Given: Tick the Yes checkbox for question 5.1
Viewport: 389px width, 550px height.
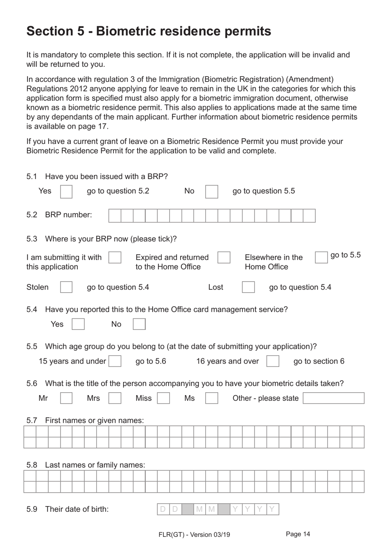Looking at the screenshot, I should tap(66, 191).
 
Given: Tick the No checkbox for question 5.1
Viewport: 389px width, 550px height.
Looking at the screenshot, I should tap(211, 191).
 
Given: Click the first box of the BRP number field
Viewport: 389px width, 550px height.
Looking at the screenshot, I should tap(115, 216).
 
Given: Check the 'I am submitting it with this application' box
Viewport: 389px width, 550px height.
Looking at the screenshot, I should tap(115, 257).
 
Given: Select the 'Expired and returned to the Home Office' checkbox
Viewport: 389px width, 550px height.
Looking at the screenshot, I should tap(224, 257).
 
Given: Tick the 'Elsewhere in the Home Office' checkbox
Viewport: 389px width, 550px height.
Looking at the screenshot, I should tap(321, 257).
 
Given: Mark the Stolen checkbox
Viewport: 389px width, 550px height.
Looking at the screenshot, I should tap(66, 287).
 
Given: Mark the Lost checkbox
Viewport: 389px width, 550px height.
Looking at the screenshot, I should tap(248, 287).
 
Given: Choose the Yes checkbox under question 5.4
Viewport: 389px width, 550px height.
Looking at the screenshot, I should tap(78, 324).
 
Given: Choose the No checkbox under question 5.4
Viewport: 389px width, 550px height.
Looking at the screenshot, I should tap(139, 324).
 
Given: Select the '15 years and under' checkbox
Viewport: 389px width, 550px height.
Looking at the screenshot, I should tap(115, 361).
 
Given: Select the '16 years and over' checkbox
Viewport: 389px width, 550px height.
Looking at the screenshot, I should tap(272, 361).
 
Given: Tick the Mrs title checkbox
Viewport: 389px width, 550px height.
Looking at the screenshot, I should tap(115, 398).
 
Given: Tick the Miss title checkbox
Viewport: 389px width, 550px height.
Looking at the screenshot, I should tap(163, 398).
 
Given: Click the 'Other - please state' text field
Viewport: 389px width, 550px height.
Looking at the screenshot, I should tap(333, 398).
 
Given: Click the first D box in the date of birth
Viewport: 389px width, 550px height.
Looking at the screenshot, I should tap(163, 509).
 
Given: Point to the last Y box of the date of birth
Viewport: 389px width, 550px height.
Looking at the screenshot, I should tap(272, 509).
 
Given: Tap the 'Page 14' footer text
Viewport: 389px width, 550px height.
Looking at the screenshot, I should tap(298, 534).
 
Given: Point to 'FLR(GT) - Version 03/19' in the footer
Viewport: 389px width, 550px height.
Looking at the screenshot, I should tap(194, 534).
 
